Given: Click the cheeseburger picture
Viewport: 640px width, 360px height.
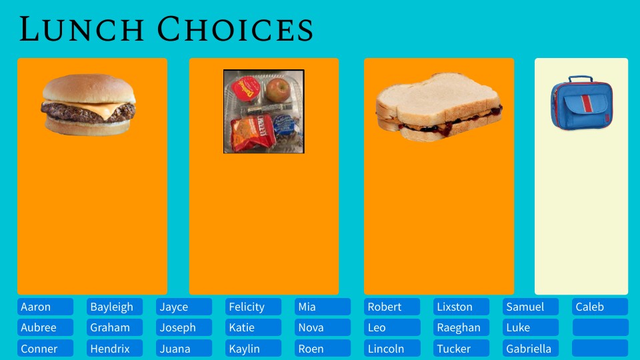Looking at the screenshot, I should (89, 105).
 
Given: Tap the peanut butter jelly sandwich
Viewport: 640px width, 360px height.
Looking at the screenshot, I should (438, 107).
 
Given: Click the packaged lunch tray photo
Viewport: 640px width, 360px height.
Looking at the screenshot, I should (264, 111).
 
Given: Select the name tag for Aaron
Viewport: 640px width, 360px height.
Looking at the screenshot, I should (45, 307).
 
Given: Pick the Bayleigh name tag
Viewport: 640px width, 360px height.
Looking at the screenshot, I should (115, 307).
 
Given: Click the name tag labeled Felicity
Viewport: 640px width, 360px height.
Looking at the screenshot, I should (253, 307).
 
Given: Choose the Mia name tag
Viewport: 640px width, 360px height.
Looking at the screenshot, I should (323, 307).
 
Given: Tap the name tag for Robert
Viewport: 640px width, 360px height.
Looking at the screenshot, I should (392, 307).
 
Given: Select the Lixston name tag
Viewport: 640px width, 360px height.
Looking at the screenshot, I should (461, 307).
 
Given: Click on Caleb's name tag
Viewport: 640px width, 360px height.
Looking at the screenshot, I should (600, 307).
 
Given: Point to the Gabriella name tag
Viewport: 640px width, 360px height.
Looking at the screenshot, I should (531, 349).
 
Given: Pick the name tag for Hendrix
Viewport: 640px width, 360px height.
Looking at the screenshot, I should (115, 349).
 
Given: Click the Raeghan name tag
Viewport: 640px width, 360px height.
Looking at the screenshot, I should (461, 327).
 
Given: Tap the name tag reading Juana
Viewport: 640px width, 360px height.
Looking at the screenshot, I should (184, 349).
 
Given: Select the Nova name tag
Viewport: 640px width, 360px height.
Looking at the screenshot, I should (323, 327).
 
